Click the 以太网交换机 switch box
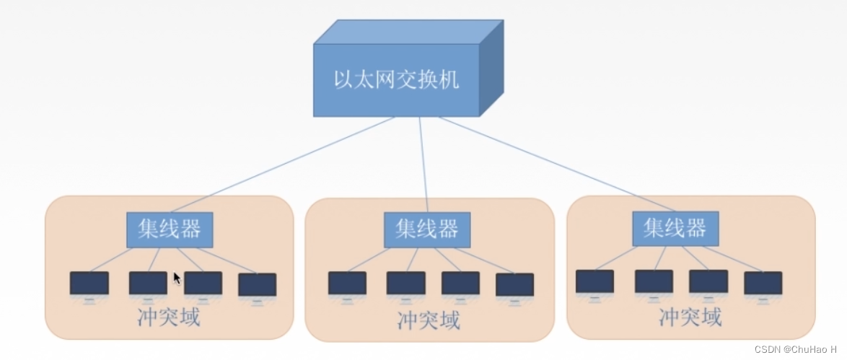coord(396,79)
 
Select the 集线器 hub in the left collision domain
coord(170,229)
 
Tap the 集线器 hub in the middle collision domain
coord(426,229)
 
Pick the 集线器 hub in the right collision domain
coord(675,229)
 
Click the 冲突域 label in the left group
coord(169,317)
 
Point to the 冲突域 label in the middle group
coord(429,320)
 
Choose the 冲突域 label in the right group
coord(690,317)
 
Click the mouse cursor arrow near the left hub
coord(177,278)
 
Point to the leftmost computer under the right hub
coord(595,282)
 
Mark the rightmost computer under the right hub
coord(763,284)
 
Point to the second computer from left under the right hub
coord(654,282)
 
